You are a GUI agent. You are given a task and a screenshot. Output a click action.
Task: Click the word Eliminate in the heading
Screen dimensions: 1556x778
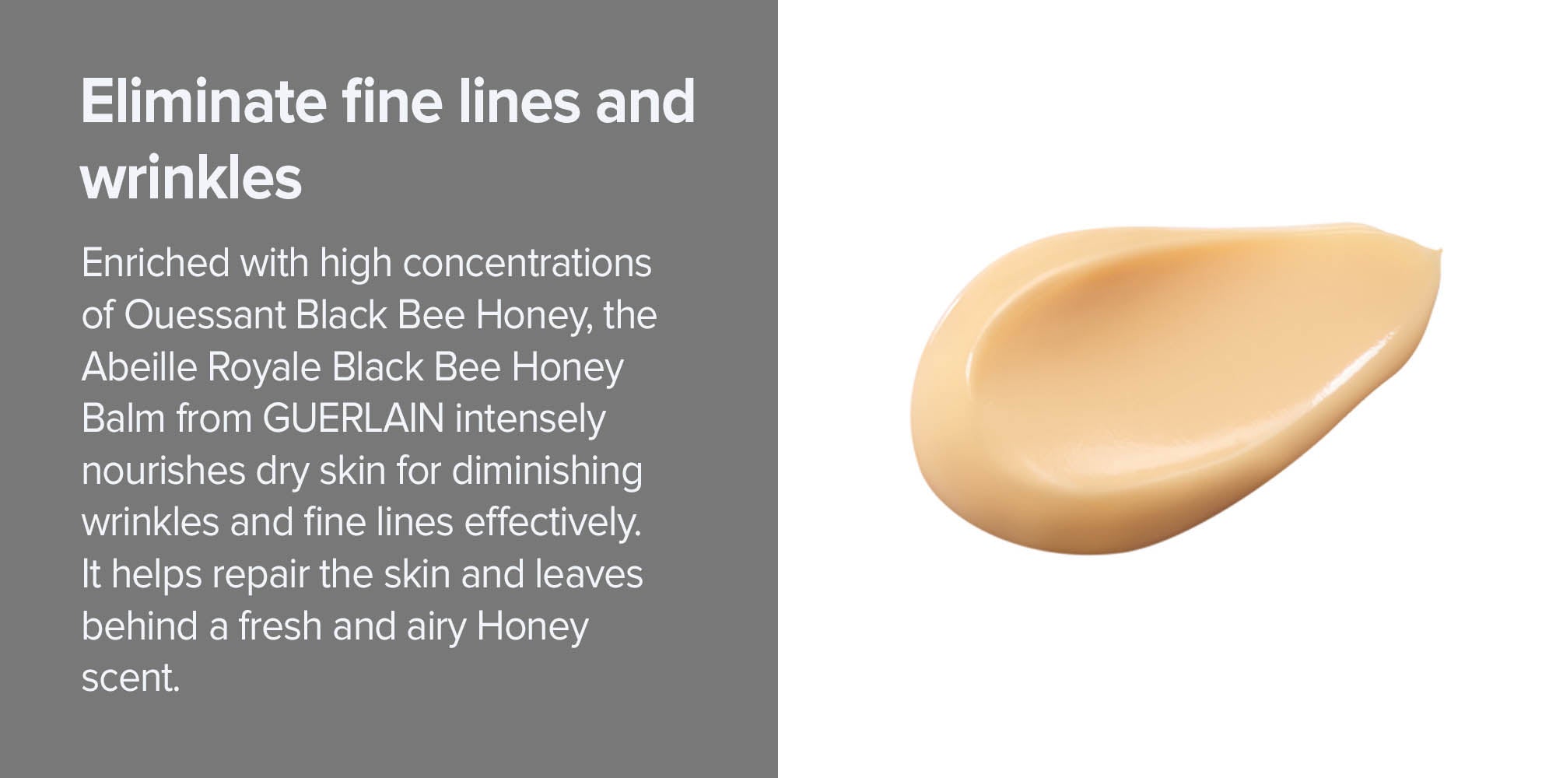tap(204, 101)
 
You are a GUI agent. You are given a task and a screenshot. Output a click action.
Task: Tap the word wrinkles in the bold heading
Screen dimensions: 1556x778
tap(191, 177)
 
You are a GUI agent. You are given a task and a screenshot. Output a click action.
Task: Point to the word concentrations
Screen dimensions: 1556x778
tap(527, 263)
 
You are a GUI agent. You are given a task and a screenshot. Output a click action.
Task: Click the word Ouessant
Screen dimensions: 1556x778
tap(205, 315)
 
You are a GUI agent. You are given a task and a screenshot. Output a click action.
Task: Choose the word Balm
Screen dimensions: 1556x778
tap(123, 419)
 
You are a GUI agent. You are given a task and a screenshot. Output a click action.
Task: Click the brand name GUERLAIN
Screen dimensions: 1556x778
tap(353, 419)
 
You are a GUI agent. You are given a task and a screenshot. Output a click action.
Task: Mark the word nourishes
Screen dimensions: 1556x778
tap(163, 471)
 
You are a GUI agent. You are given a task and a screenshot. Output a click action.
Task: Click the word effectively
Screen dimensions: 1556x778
tap(552, 523)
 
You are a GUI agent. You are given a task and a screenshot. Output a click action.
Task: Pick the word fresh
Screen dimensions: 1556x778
tap(279, 626)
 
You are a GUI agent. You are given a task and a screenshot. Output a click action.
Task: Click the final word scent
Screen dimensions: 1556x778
tap(130, 678)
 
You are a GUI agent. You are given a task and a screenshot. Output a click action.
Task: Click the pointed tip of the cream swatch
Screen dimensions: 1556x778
tap(1440, 251)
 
